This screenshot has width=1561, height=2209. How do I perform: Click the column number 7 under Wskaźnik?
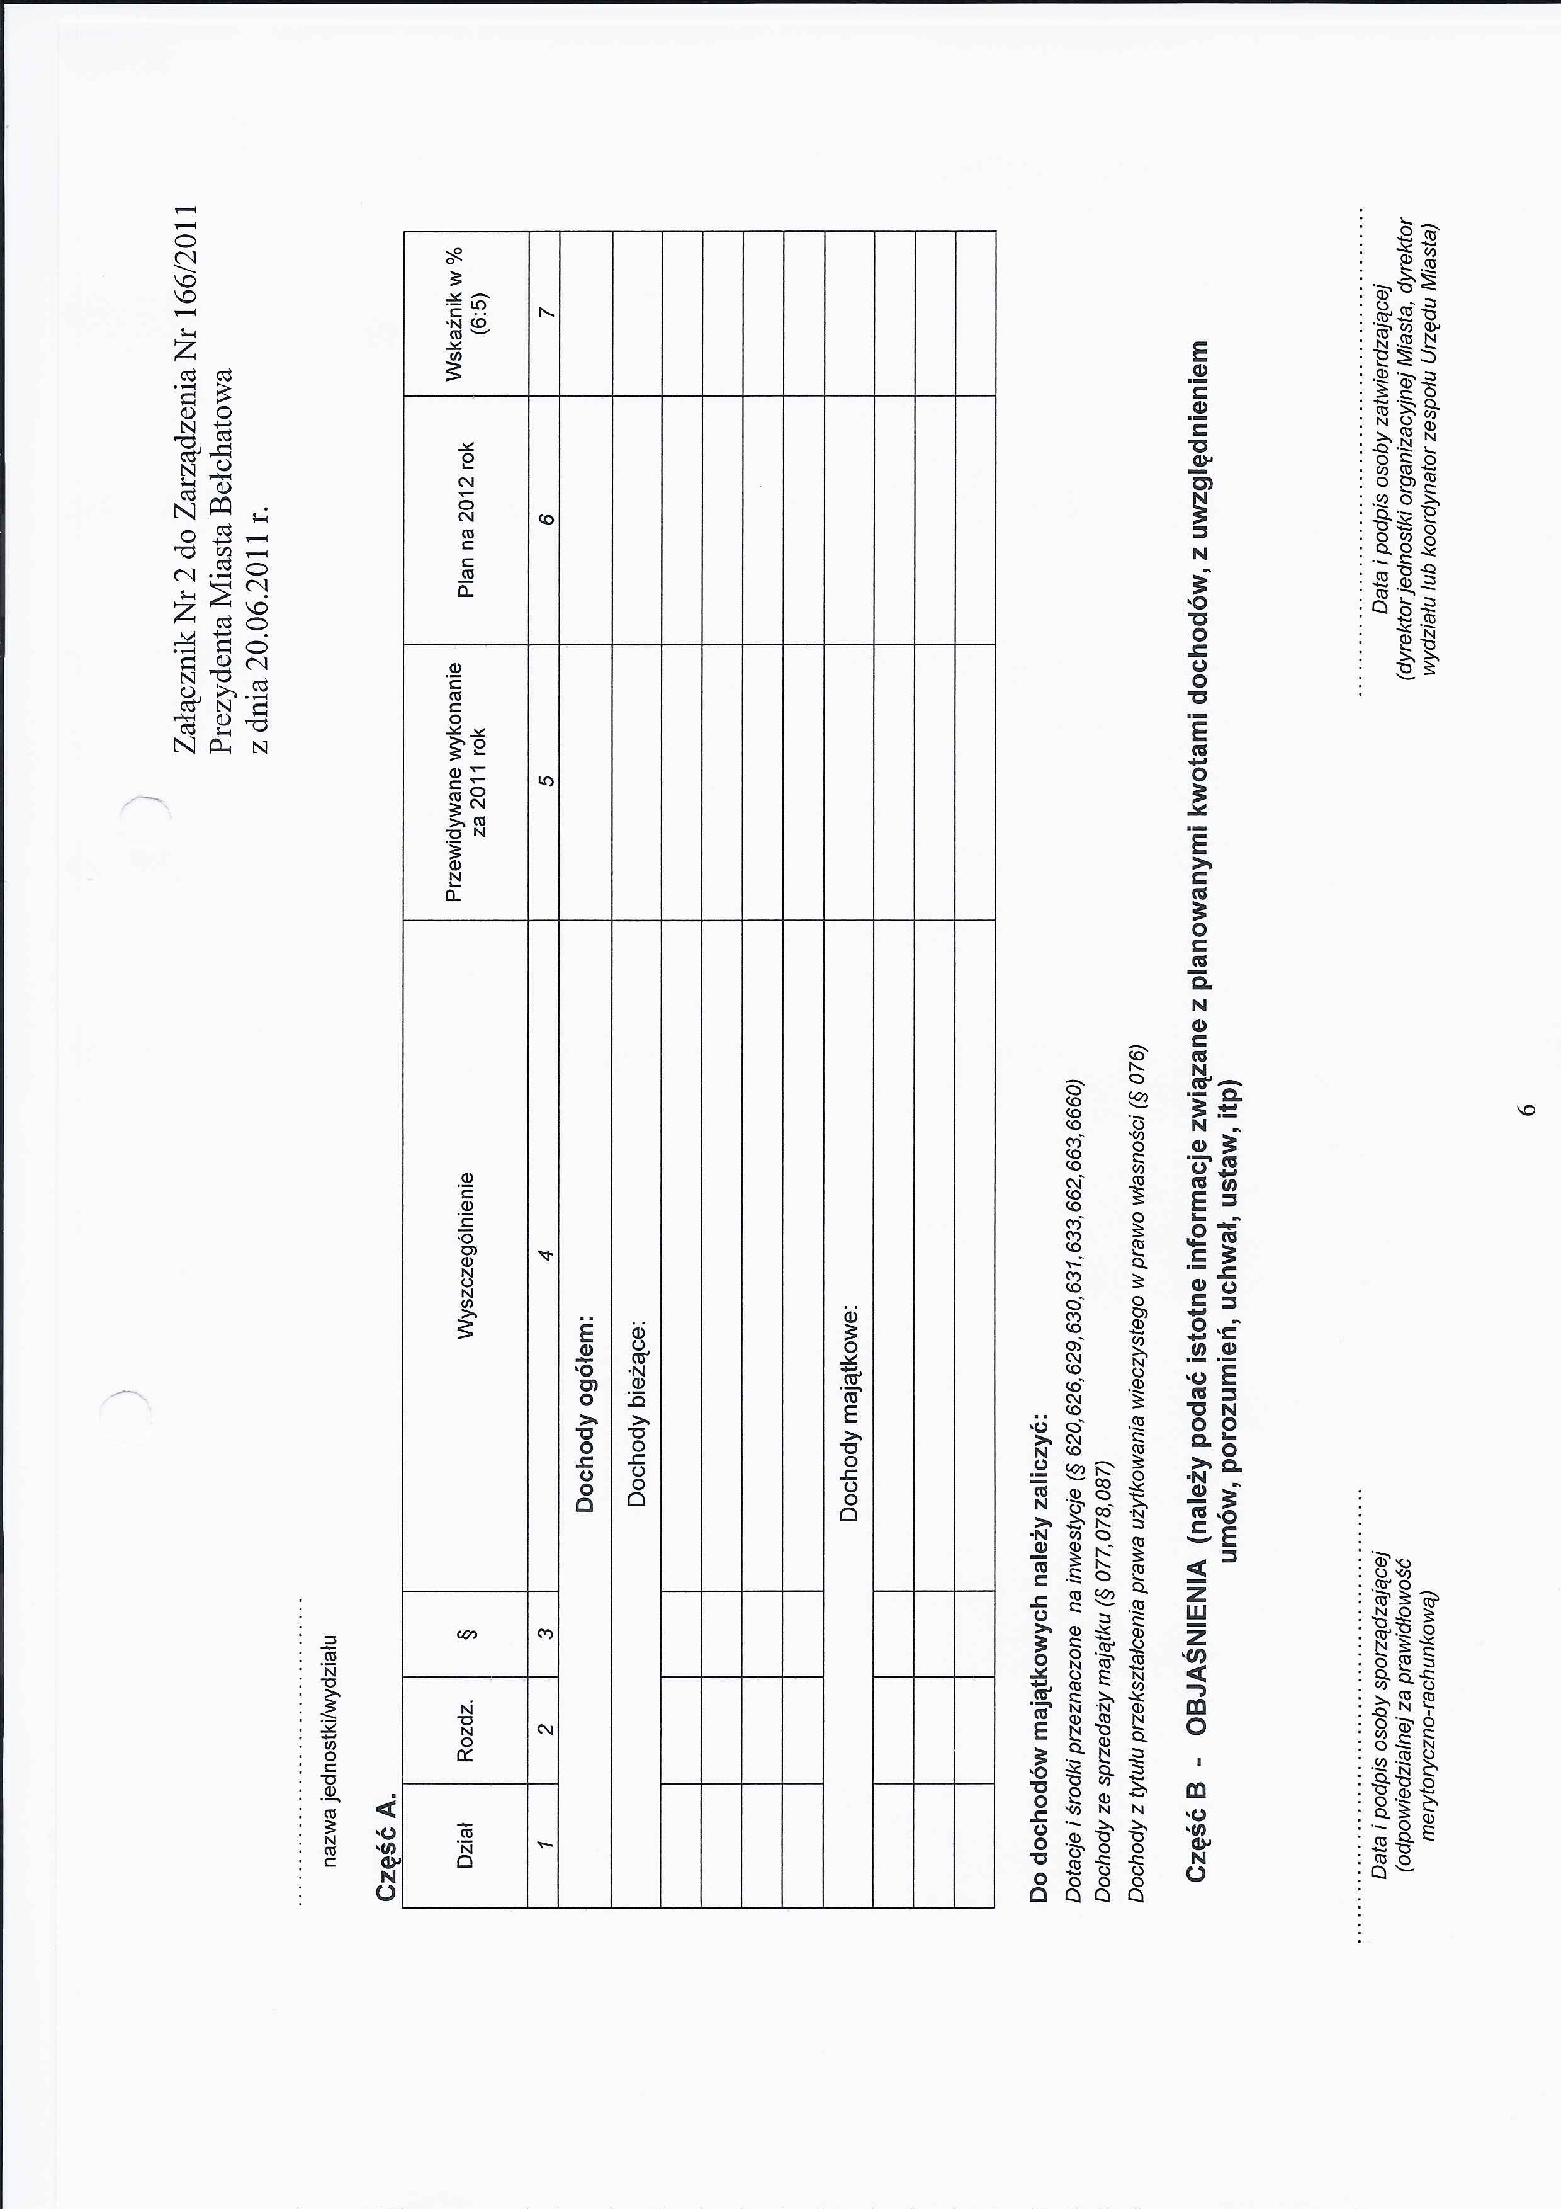[x=545, y=313]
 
